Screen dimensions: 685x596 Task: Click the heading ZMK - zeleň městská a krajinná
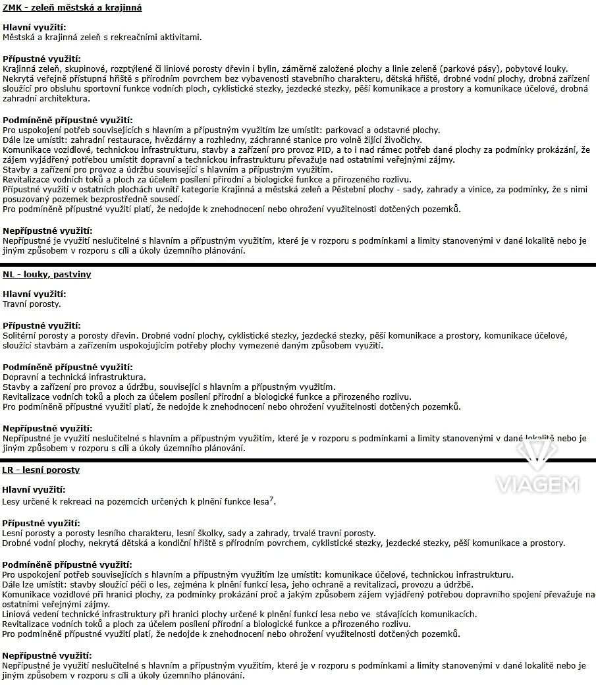click(72, 8)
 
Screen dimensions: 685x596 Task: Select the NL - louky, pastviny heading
click(47, 275)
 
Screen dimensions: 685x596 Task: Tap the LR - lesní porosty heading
click(41, 470)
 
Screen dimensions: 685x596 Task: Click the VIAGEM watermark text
click(537, 486)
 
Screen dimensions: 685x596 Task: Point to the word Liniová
click(18, 615)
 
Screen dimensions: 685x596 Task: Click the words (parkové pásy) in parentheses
click(474, 69)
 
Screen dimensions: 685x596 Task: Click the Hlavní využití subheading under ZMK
click(34, 28)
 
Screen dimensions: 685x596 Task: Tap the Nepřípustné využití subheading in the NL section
click(47, 428)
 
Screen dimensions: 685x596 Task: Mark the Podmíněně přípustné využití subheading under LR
click(67, 565)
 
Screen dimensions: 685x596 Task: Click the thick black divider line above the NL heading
click(298, 264)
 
